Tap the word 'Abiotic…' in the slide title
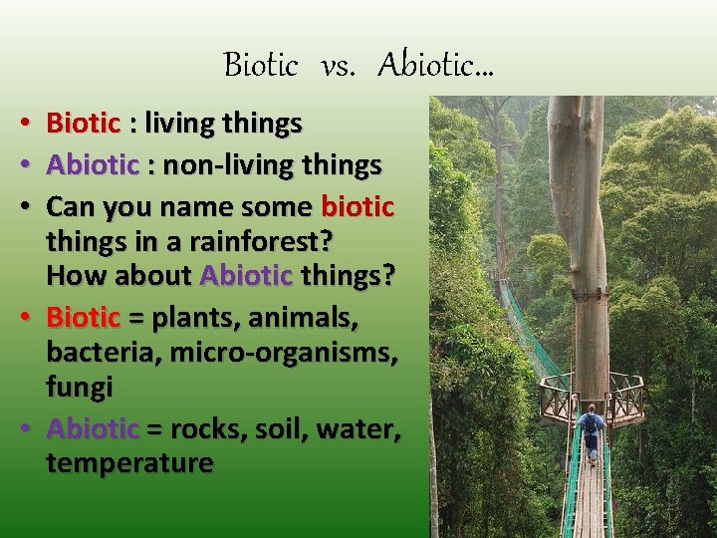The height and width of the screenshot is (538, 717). coord(435,66)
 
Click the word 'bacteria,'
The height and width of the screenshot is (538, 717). coord(95,352)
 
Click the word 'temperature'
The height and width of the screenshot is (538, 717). coord(129,462)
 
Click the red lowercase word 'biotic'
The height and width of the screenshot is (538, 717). coord(358,207)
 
